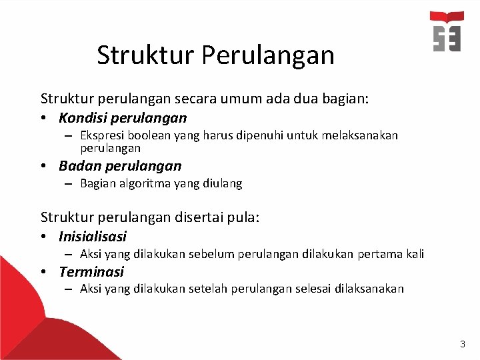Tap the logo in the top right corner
(447, 31)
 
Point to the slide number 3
(463, 344)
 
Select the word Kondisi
(81, 119)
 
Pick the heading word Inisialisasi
(93, 237)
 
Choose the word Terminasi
(91, 272)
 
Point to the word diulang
(222, 183)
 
